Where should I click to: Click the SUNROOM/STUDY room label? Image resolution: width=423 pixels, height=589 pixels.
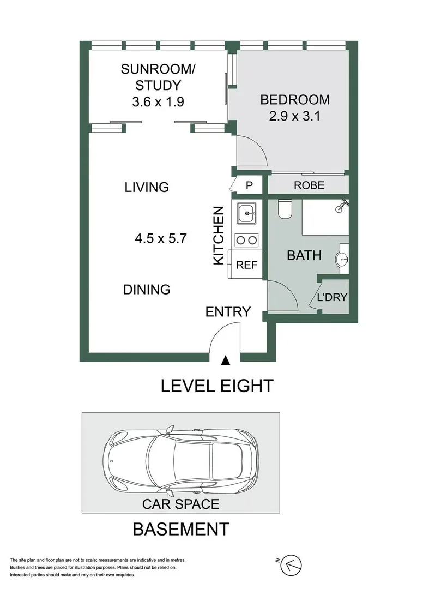pyautogui.click(x=158, y=77)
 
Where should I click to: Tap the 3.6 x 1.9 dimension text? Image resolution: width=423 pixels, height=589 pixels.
pyautogui.click(x=158, y=101)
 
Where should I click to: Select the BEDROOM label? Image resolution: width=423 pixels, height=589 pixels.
pyautogui.click(x=294, y=100)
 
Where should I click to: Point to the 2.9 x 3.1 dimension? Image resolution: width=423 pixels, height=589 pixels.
pyautogui.click(x=294, y=116)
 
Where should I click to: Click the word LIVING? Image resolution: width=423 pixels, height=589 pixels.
pyautogui.click(x=147, y=188)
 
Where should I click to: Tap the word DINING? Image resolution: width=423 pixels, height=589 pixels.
pyautogui.click(x=147, y=289)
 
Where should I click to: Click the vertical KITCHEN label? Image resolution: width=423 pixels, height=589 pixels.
pyautogui.click(x=219, y=235)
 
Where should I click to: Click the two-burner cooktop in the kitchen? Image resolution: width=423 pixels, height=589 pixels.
pyautogui.click(x=247, y=239)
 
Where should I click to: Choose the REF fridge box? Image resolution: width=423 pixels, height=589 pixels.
pyautogui.click(x=246, y=266)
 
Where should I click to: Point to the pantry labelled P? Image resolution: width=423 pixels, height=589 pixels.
pyautogui.click(x=249, y=185)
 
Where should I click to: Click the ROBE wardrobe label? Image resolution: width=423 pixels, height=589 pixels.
pyautogui.click(x=309, y=185)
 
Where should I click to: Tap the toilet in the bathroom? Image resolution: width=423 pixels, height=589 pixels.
pyautogui.click(x=284, y=209)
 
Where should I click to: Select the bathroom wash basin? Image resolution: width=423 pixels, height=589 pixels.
pyautogui.click(x=343, y=259)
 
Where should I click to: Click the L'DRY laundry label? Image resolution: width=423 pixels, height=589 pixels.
pyautogui.click(x=332, y=298)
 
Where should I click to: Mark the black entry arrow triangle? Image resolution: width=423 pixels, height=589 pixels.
pyautogui.click(x=225, y=360)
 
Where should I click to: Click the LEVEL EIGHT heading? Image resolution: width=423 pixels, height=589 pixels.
pyautogui.click(x=216, y=386)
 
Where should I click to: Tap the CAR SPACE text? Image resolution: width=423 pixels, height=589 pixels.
pyautogui.click(x=180, y=503)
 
